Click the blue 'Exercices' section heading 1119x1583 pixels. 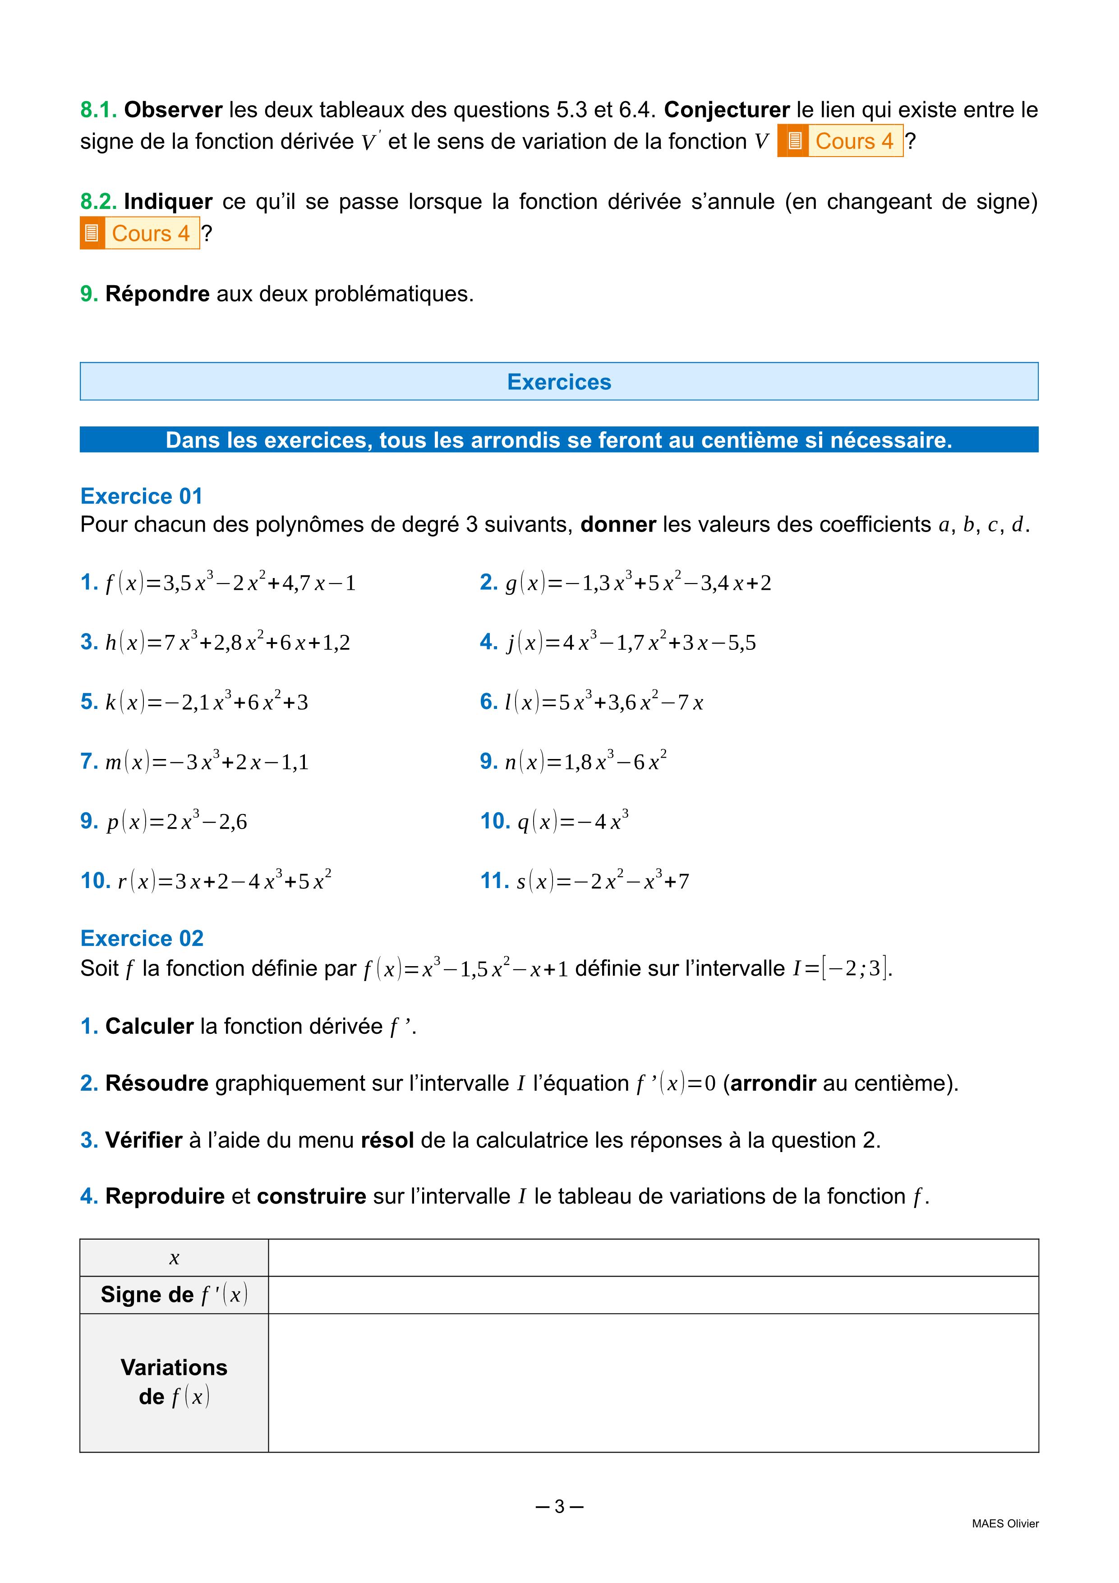(559, 382)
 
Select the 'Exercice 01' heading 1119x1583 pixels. (141, 496)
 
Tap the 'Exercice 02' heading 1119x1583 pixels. (142, 938)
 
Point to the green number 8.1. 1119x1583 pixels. (98, 110)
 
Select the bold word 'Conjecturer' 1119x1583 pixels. (726, 110)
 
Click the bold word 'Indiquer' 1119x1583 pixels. (168, 201)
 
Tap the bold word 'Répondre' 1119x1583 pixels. (157, 294)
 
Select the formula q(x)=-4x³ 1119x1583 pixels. (573, 821)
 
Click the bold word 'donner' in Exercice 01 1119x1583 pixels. (618, 525)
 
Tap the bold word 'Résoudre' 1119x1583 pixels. (157, 1083)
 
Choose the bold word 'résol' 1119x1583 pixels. (387, 1140)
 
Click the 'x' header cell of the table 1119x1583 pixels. (175, 1258)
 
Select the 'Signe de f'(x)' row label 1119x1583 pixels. (175, 1295)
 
